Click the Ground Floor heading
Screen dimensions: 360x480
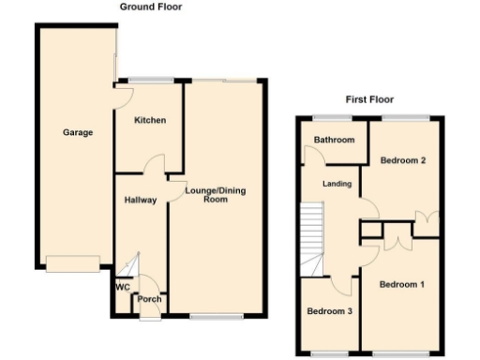151,7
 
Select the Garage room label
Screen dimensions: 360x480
78,133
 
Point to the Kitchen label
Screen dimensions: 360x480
149,120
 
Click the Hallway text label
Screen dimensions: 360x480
140,200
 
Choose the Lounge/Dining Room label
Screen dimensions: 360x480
207,194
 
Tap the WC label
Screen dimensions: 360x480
122,287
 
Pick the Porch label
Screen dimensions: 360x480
149,300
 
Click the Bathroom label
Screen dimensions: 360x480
334,141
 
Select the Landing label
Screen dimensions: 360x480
337,184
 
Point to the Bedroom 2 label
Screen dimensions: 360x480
404,160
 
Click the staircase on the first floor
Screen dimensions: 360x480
311,231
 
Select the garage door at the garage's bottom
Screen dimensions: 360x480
73,264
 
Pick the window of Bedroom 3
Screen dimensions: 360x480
328,353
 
